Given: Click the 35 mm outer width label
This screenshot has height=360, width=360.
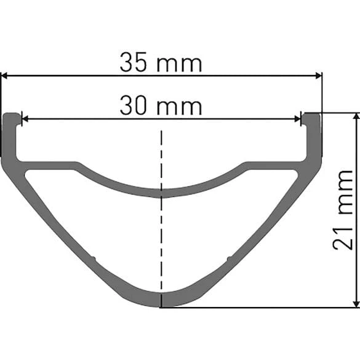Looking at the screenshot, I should (161, 63).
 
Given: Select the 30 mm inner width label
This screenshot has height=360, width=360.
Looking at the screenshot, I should (161, 106).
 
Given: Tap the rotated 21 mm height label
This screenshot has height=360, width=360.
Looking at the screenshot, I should (344, 210).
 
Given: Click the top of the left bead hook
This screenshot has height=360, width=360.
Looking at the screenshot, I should (12, 114).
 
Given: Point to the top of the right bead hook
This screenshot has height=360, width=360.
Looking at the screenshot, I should (311, 114).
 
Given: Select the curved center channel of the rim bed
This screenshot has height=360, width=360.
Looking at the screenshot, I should (161, 191).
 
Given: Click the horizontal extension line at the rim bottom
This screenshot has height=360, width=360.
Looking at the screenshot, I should (258, 307).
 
